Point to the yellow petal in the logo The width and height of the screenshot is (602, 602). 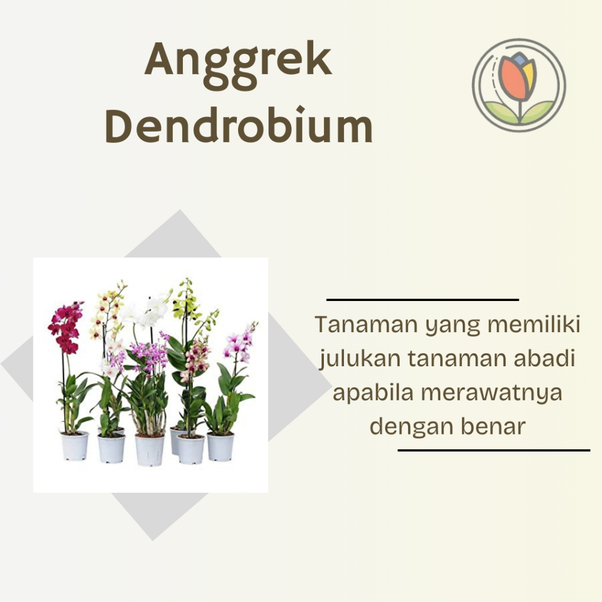tap(529, 73)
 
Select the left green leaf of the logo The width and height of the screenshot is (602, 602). tap(501, 112)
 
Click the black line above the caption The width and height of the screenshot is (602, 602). tap(423, 300)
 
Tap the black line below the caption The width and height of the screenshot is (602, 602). tap(494, 451)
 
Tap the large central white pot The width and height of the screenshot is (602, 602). tap(149, 450)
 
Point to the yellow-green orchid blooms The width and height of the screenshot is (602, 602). tap(187, 303)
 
